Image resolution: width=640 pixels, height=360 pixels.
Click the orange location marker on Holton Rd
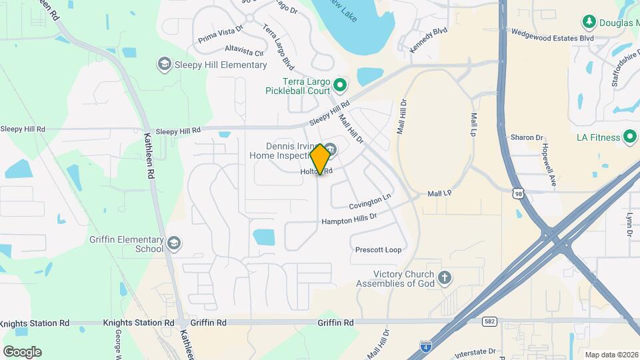(x=320, y=159)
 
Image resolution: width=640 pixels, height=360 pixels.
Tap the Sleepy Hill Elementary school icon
(x=163, y=64)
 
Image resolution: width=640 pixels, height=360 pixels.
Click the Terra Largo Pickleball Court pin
(x=340, y=84)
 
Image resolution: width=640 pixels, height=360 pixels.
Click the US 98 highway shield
(x=519, y=193)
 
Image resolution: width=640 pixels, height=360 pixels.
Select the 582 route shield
(x=490, y=321)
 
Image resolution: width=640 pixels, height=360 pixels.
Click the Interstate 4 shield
(x=425, y=345)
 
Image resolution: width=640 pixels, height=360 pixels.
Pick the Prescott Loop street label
(x=379, y=250)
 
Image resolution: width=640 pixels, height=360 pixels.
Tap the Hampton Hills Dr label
(x=349, y=219)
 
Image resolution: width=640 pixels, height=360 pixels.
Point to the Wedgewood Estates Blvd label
(x=552, y=39)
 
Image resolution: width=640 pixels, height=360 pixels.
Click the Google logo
(x=22, y=351)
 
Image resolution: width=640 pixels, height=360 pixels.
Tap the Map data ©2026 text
(x=610, y=355)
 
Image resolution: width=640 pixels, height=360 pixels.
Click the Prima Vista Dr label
(x=220, y=38)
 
